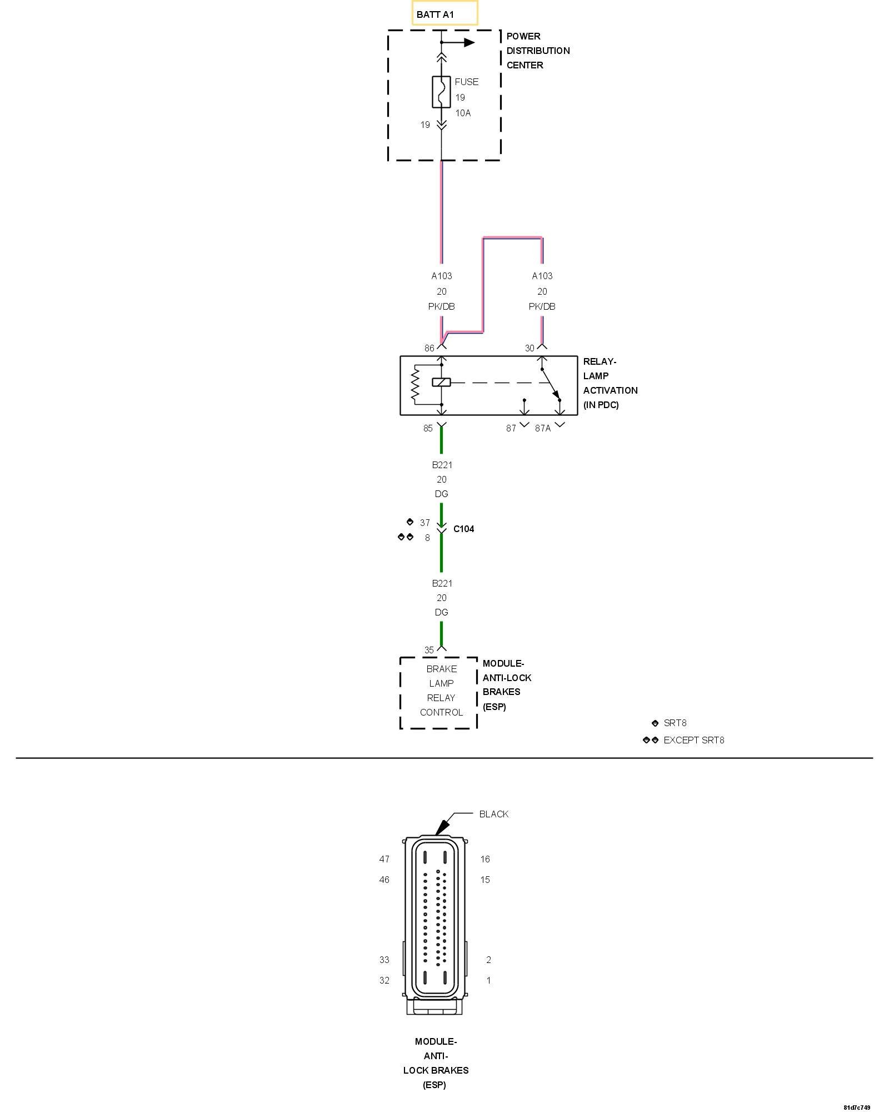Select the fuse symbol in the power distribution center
(441, 92)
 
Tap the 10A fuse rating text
(463, 113)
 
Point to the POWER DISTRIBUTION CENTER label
(538, 51)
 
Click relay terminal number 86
(429, 348)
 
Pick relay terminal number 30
(530, 348)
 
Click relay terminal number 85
(428, 428)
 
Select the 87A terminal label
(543, 428)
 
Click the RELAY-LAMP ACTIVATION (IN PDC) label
(610, 383)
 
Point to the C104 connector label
(463, 529)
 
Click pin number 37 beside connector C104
(425, 523)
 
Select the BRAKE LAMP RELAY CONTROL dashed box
(439, 692)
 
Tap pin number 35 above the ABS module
(429, 650)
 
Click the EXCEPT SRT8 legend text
(693, 740)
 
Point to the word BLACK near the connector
(493, 814)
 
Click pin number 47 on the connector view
(384, 859)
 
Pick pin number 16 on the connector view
(485, 859)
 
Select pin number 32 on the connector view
(384, 980)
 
